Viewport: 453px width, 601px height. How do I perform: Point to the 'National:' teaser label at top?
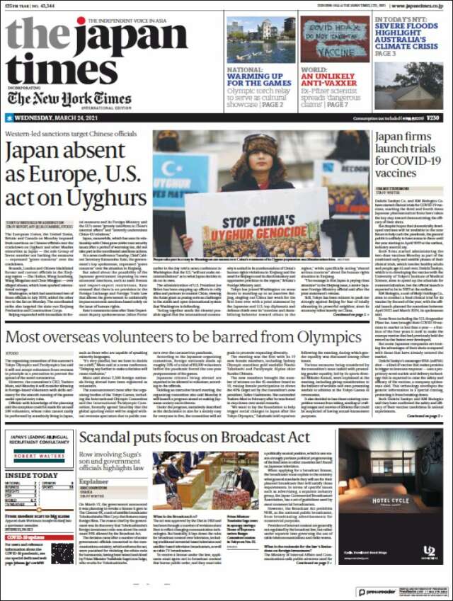click(x=245, y=70)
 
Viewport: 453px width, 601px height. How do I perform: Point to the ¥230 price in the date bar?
click(x=432, y=118)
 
